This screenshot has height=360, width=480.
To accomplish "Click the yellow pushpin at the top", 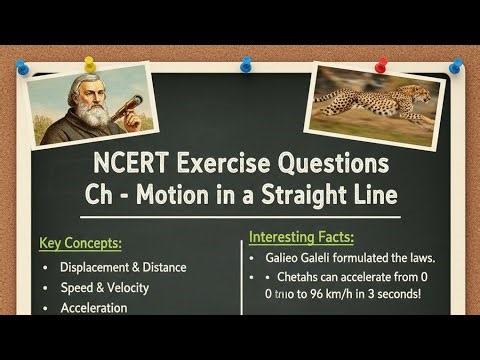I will tap(90, 65).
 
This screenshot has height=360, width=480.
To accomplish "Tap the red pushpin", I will tap(380, 65).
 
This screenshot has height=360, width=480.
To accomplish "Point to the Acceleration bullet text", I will tap(93, 308).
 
